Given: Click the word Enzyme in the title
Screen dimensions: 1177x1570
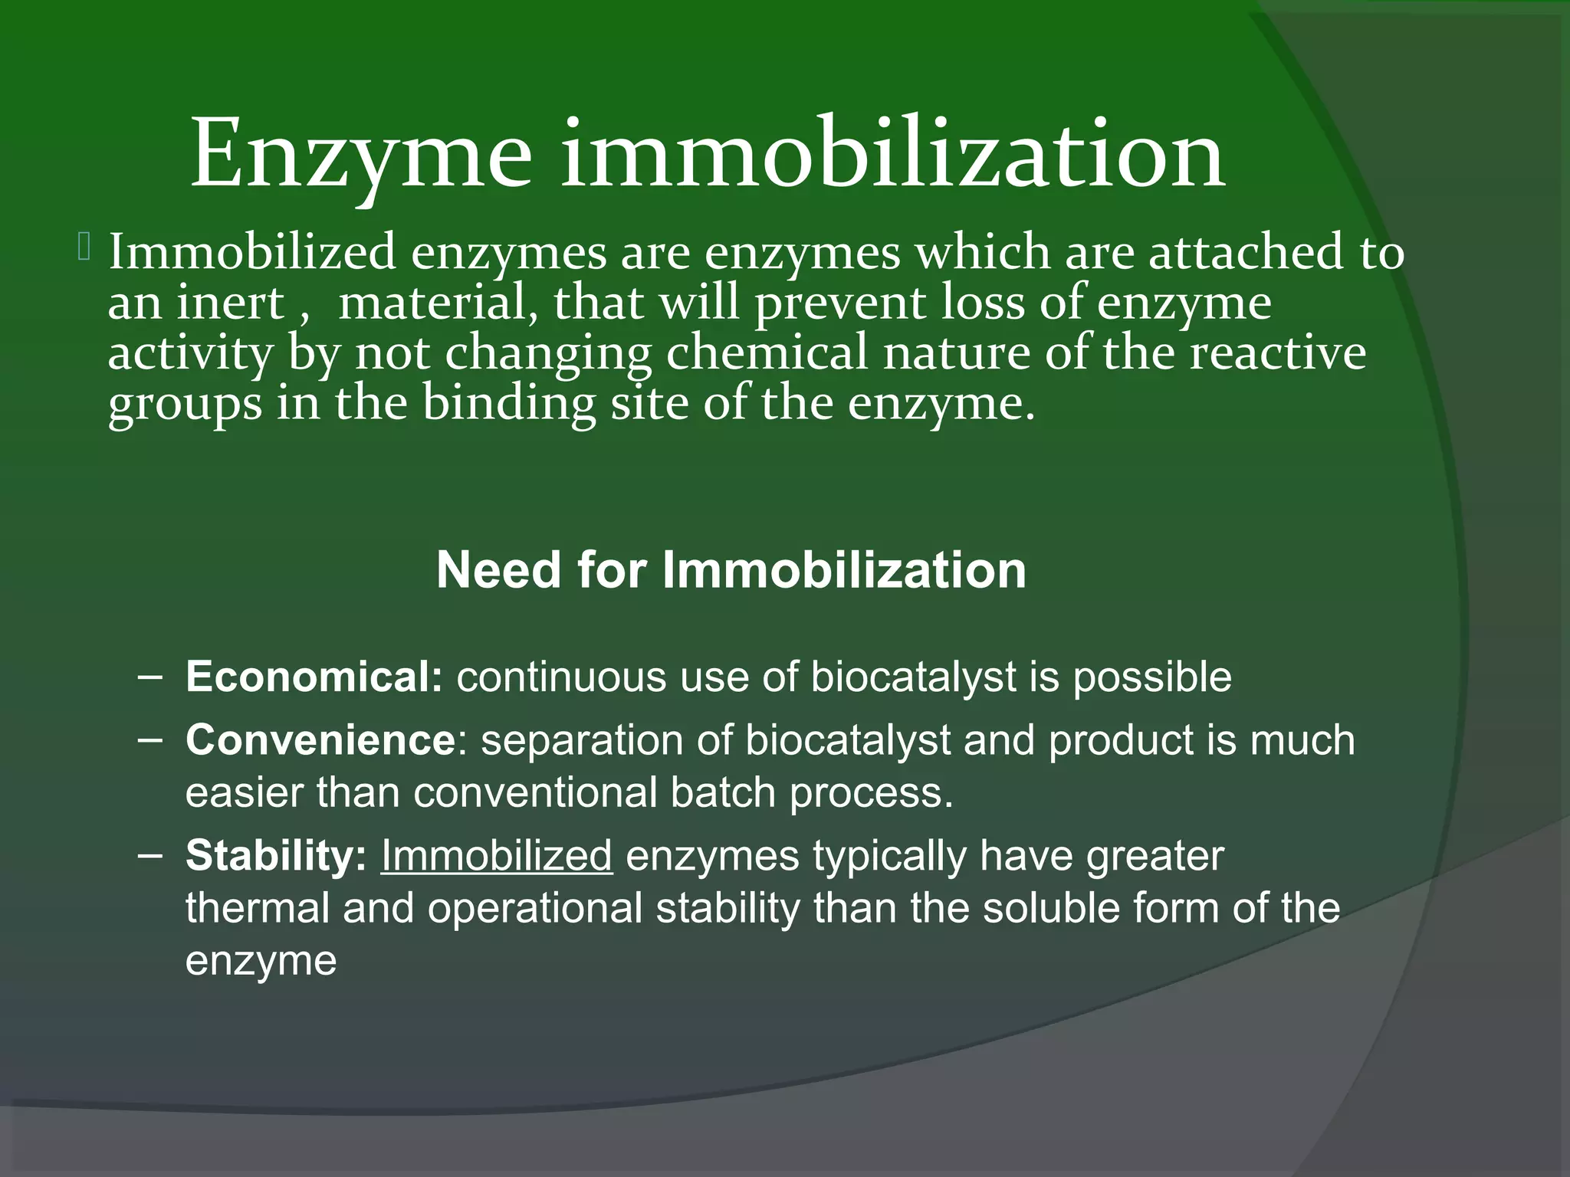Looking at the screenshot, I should [360, 156].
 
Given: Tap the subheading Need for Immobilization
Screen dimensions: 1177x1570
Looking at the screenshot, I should [731, 570].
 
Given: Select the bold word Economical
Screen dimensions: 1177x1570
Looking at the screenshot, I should [314, 677].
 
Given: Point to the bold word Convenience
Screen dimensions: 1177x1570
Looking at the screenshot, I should [321, 740].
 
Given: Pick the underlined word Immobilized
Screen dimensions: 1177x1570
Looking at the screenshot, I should [497, 855].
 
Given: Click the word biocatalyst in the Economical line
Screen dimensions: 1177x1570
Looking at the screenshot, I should [913, 677].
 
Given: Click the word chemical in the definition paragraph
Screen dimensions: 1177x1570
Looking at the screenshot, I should [766, 352].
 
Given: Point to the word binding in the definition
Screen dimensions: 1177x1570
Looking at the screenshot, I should [509, 403].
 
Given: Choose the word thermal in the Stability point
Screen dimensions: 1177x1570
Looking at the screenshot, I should [258, 908].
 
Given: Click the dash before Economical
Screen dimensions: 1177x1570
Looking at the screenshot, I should [151, 677].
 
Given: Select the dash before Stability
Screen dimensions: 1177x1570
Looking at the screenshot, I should [151, 856].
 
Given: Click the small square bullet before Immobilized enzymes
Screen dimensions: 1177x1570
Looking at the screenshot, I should [84, 248].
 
